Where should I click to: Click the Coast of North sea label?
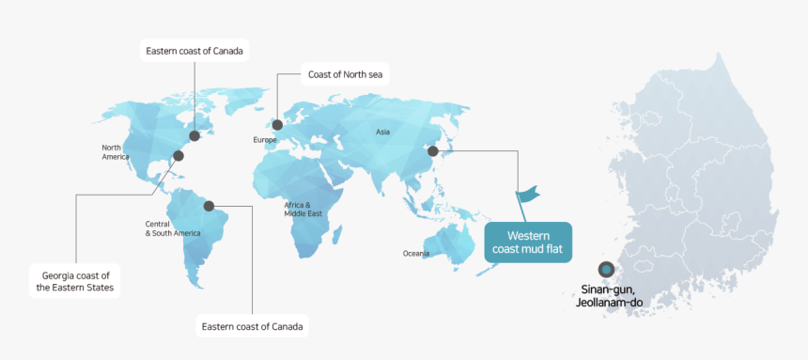point(343,73)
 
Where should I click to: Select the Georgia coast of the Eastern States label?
point(75,281)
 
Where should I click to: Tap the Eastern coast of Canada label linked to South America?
point(253,327)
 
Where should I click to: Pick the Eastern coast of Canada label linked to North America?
point(194,51)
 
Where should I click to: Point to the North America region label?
point(116,152)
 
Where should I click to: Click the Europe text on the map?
point(265,140)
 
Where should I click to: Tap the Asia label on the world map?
point(382,133)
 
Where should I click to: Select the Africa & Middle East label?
point(303,209)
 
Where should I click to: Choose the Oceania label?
point(416,254)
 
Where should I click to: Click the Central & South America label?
point(172,227)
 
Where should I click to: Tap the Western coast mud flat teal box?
point(527,242)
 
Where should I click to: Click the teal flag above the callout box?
point(528,195)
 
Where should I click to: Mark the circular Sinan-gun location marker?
point(606,270)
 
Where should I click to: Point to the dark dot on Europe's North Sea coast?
point(277,124)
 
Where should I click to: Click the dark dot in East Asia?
point(432,150)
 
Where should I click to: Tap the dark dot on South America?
point(209,205)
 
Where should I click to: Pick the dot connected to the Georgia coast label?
point(179,156)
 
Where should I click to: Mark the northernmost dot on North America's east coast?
point(194,135)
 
